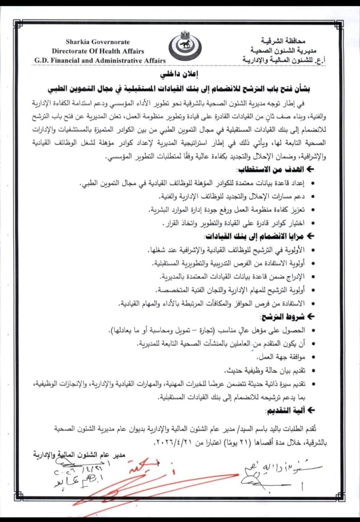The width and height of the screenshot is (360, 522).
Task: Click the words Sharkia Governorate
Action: [98, 42]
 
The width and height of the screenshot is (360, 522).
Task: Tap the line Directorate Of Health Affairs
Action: [98, 51]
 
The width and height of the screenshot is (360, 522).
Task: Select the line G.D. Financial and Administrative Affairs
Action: [100, 60]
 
